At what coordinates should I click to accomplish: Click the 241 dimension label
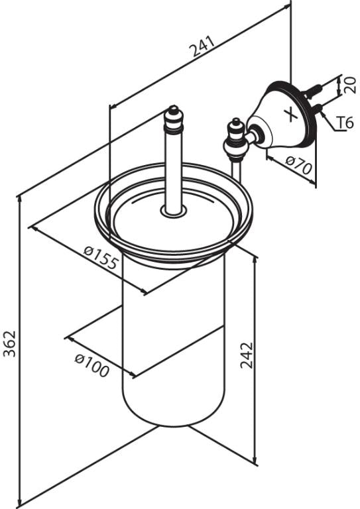click(203, 46)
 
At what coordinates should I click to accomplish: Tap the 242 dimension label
click(247, 355)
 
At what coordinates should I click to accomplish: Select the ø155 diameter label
click(100, 258)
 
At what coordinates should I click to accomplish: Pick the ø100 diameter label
click(92, 366)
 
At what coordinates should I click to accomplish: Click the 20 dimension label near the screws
click(349, 85)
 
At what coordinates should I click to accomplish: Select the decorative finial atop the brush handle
click(174, 119)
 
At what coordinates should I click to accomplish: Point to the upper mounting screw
click(313, 91)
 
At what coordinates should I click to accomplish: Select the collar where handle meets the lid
click(174, 211)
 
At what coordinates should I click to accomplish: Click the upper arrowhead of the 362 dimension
click(19, 199)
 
